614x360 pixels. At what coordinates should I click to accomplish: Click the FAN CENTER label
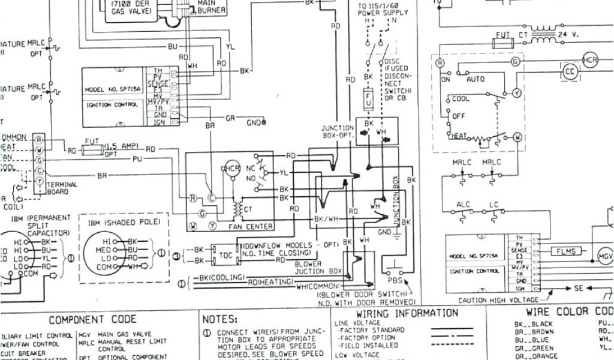[x=251, y=227]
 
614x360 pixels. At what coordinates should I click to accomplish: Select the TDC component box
[x=226, y=254]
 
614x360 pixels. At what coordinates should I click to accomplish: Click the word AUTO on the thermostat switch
[x=475, y=79]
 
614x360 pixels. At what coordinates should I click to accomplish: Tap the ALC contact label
[x=463, y=205]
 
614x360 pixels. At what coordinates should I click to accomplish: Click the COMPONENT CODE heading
[x=92, y=319]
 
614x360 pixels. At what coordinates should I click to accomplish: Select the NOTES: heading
[x=220, y=319]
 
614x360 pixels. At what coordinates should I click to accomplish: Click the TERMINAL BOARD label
[x=62, y=188]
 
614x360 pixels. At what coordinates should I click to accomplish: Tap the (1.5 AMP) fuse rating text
[x=121, y=146]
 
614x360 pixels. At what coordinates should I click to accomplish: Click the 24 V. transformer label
[x=568, y=34]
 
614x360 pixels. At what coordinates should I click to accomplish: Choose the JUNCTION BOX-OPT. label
[x=338, y=131]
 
